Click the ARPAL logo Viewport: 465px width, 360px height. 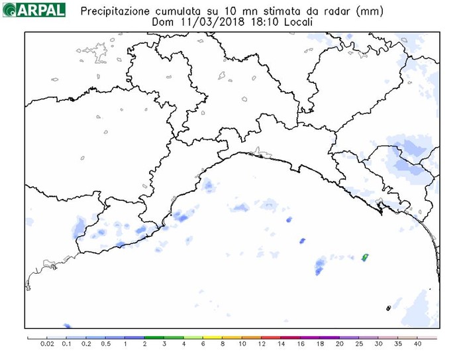click(34, 9)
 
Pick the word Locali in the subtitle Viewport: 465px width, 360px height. click(295, 21)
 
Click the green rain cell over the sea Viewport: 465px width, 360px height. click(364, 257)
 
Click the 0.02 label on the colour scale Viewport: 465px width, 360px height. click(47, 344)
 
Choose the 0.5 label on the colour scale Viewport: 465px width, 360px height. click(106, 344)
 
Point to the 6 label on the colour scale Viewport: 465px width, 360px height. click(203, 344)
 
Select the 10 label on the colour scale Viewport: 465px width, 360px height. click(242, 344)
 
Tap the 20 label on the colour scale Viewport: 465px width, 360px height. click(340, 344)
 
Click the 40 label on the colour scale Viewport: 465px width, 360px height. click(417, 344)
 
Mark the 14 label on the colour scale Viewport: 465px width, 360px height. click(282, 344)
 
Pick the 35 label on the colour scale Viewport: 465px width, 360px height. click(398, 344)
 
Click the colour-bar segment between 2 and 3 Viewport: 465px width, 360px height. click(154, 337)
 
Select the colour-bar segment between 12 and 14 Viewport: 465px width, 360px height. click(272, 337)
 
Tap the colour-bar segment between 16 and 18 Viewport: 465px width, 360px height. click(311, 337)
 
